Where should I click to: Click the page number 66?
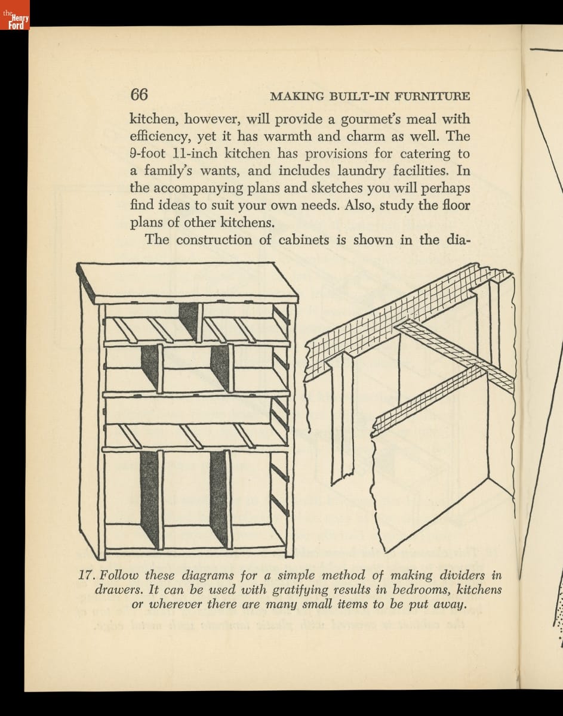pyautogui.click(x=139, y=95)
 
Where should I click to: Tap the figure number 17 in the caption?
pyautogui.click(x=87, y=576)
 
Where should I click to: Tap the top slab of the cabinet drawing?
pyautogui.click(x=188, y=283)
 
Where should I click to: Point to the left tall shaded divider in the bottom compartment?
pyautogui.click(x=150, y=498)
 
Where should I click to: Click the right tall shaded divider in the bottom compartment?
pyautogui.click(x=219, y=498)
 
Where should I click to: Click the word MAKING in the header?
pyautogui.click(x=297, y=96)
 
